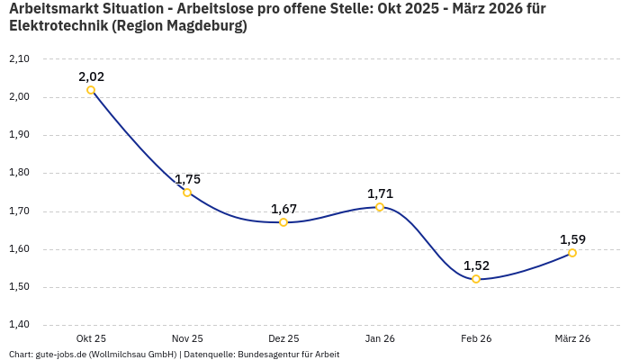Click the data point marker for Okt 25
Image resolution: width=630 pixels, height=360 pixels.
click(x=91, y=90)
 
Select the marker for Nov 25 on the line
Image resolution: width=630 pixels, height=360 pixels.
click(x=187, y=193)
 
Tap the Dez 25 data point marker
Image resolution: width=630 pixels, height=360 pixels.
click(x=283, y=222)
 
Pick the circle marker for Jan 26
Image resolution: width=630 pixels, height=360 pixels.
click(x=380, y=207)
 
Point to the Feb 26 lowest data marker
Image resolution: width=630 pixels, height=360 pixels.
click(x=476, y=279)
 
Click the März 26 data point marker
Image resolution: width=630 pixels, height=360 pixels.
click(x=572, y=253)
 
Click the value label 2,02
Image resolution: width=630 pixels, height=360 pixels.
click(x=91, y=76)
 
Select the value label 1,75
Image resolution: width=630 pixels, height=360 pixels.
click(x=187, y=179)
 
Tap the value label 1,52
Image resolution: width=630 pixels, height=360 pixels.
click(x=476, y=265)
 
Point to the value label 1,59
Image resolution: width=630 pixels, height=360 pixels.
click(x=572, y=239)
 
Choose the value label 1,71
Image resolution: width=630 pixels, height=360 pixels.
click(x=380, y=193)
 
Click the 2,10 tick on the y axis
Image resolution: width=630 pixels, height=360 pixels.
click(x=19, y=58)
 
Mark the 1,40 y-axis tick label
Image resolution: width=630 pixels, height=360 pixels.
click(x=19, y=325)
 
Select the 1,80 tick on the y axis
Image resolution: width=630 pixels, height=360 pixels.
click(x=19, y=173)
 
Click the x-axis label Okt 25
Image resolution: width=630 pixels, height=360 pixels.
click(x=91, y=338)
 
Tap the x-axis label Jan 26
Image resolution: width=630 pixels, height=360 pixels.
click(x=380, y=338)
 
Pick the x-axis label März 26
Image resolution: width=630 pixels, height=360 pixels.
click(x=572, y=338)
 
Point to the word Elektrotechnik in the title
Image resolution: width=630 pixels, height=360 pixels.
click(x=58, y=26)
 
